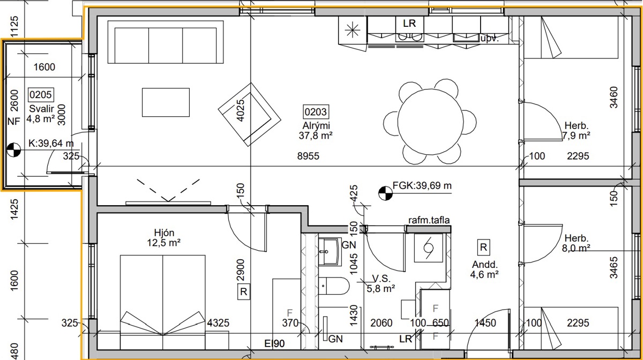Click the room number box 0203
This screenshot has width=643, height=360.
click(x=316, y=111)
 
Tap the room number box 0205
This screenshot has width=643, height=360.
click(x=41, y=94)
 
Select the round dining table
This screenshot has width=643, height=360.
click(x=430, y=122)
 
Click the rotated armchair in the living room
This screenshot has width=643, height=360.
click(x=249, y=115)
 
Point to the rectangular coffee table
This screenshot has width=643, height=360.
click(x=166, y=102)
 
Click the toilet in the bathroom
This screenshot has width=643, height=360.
click(x=333, y=286)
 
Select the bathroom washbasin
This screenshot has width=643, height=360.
click(x=330, y=252)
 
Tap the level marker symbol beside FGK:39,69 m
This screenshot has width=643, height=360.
click(x=385, y=193)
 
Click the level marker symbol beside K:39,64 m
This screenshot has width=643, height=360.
click(x=13, y=149)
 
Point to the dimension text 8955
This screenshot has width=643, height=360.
click(x=308, y=156)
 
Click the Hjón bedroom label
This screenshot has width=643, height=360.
click(x=164, y=232)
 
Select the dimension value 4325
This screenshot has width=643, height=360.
click(x=218, y=323)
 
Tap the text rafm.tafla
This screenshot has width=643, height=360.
click(x=429, y=220)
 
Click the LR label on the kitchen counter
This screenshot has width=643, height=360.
click(x=409, y=23)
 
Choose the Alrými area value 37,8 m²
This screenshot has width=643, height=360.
click(x=316, y=135)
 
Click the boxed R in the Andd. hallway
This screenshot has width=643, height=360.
click(x=483, y=247)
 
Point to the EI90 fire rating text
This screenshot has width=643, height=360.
click(x=274, y=343)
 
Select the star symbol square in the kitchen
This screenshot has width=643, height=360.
click(x=353, y=31)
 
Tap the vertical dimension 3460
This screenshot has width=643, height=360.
click(x=614, y=97)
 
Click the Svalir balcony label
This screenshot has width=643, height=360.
click(x=42, y=109)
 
